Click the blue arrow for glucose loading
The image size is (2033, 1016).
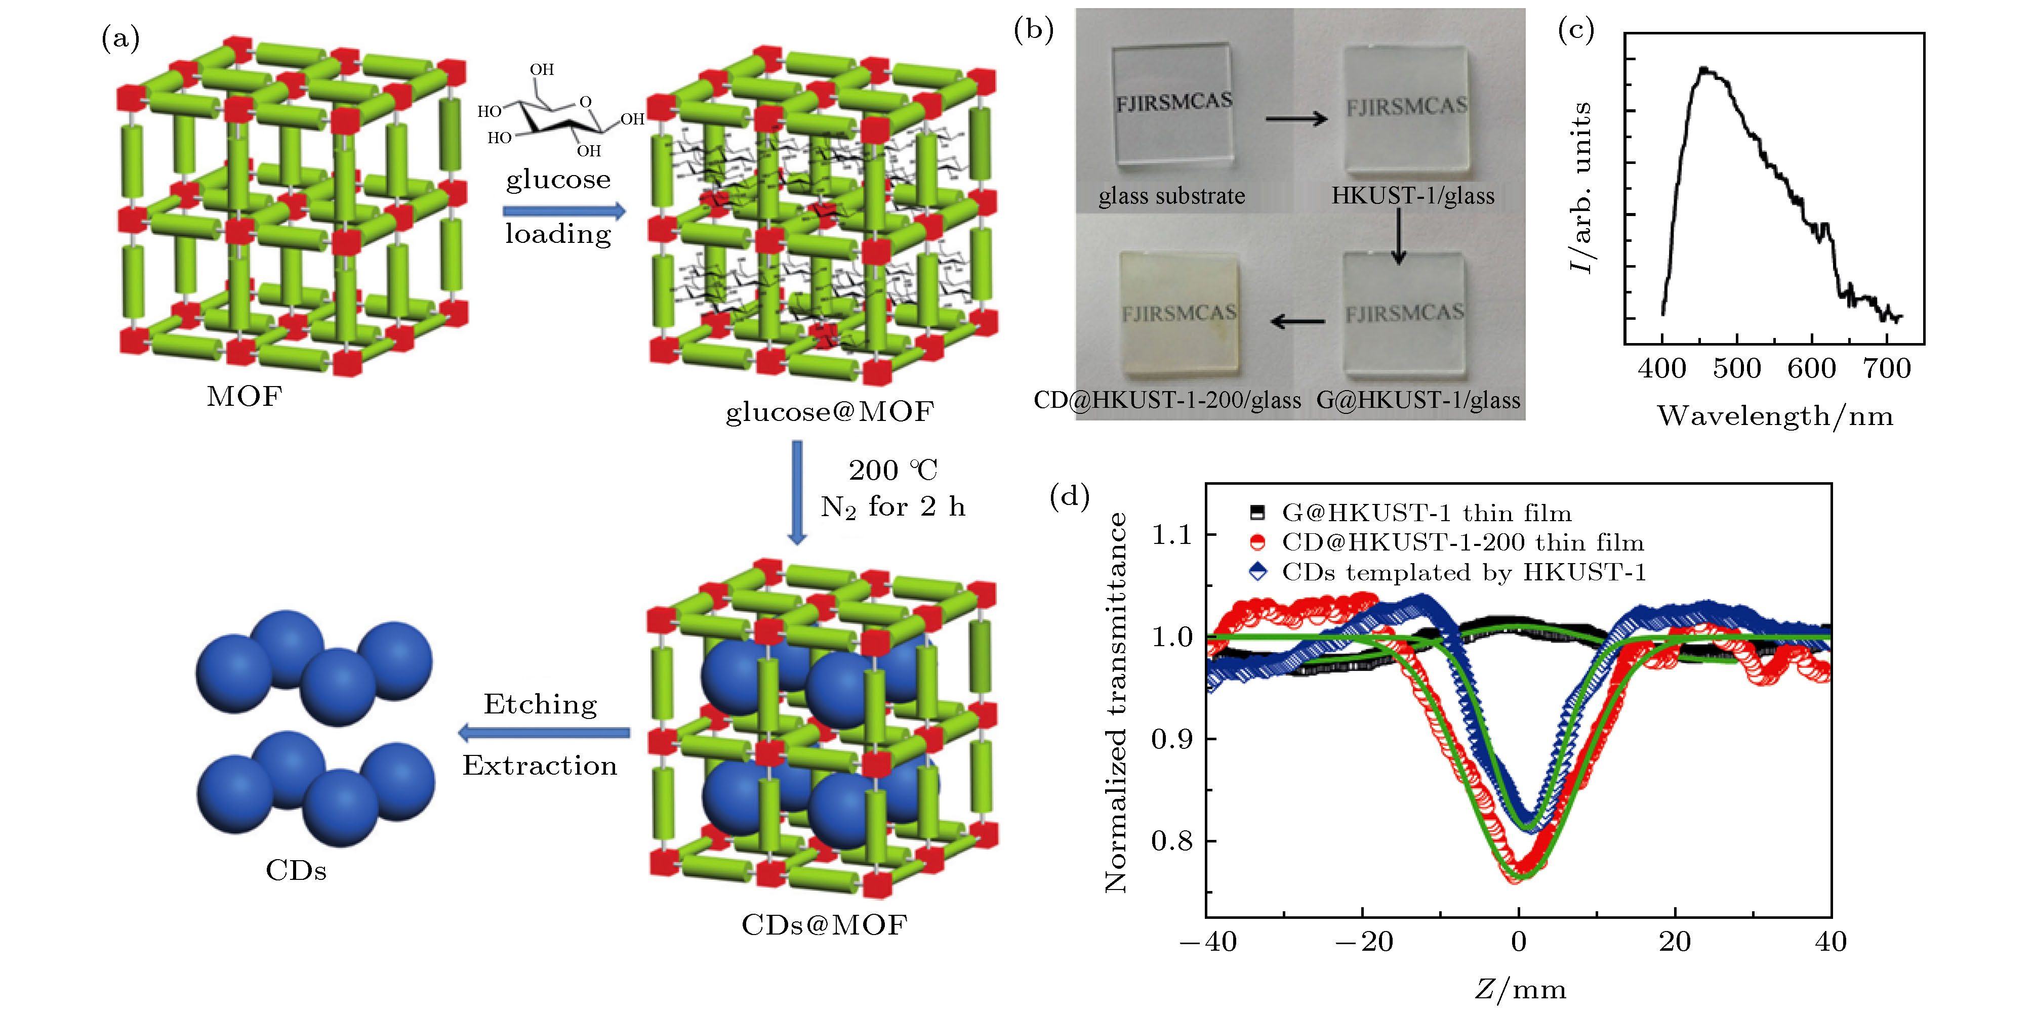pyautogui.click(x=563, y=210)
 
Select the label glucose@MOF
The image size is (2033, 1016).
pyautogui.click(x=830, y=411)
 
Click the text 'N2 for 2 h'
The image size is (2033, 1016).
pyautogui.click(x=892, y=506)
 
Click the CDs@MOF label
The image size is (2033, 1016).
pyautogui.click(x=824, y=924)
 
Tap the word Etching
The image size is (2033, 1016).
pyautogui.click(x=541, y=704)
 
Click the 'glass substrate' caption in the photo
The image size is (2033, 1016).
pyautogui.click(x=1171, y=196)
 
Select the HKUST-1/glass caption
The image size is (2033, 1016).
pyautogui.click(x=1413, y=196)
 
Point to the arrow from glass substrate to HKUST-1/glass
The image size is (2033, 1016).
pyautogui.click(x=1296, y=119)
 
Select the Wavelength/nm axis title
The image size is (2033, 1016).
pyautogui.click(x=1775, y=416)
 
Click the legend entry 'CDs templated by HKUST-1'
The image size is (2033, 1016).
pyautogui.click(x=1464, y=572)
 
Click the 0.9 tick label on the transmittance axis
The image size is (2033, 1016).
pyautogui.click(x=1171, y=739)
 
